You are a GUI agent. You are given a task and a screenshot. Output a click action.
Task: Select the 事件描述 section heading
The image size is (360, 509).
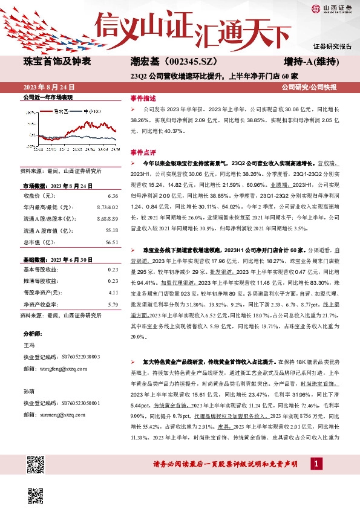tap(143, 97)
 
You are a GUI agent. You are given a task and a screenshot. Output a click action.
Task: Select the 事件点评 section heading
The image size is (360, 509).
tap(143, 152)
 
